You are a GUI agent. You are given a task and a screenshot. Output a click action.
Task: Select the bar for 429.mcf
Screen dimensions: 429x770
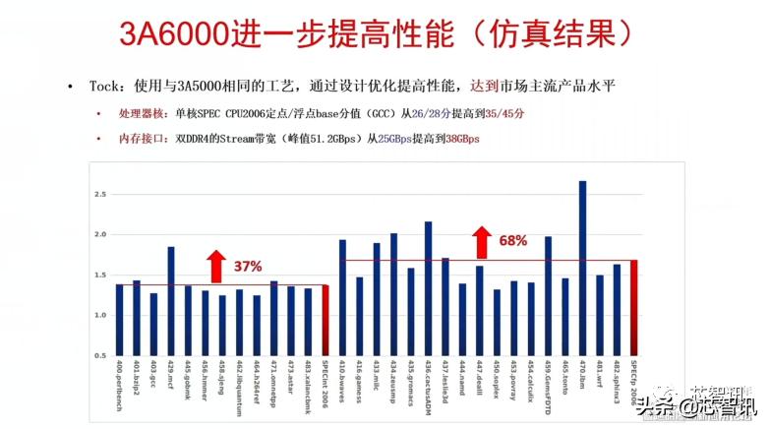point(171,300)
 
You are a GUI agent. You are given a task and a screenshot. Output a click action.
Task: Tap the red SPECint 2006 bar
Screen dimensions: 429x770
point(326,320)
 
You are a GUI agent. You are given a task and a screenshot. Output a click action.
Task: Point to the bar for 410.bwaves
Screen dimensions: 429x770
point(342,296)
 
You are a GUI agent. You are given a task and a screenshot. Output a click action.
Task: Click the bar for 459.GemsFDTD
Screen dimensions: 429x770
point(548,295)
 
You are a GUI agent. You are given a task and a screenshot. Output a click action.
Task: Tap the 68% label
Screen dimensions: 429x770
point(513,240)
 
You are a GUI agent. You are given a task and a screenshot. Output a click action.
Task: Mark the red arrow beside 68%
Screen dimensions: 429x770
point(482,241)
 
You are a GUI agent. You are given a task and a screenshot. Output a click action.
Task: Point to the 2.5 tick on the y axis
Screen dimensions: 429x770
point(99,195)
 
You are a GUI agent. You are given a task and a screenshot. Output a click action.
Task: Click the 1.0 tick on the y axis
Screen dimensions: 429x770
point(99,315)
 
